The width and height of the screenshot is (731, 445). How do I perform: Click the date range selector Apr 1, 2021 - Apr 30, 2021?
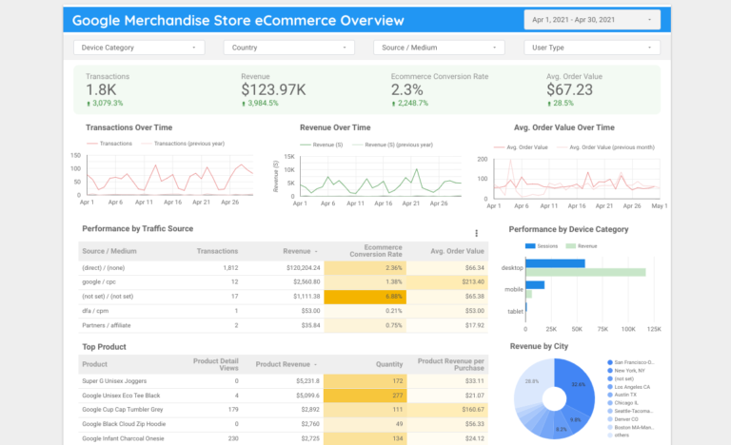[591, 19]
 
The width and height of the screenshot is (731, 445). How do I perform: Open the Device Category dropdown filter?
[139, 47]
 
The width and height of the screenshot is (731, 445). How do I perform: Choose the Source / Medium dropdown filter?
[440, 47]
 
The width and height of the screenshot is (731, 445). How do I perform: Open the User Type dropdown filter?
[591, 47]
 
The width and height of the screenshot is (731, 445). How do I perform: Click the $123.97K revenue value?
[273, 89]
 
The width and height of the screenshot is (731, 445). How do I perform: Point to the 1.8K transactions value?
[101, 89]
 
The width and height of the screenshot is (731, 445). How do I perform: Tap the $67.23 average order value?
[570, 89]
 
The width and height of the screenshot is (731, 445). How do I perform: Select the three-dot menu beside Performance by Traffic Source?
[476, 233]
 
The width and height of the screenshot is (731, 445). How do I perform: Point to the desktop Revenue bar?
[584, 273]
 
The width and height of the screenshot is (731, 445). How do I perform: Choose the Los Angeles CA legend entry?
[632, 386]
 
